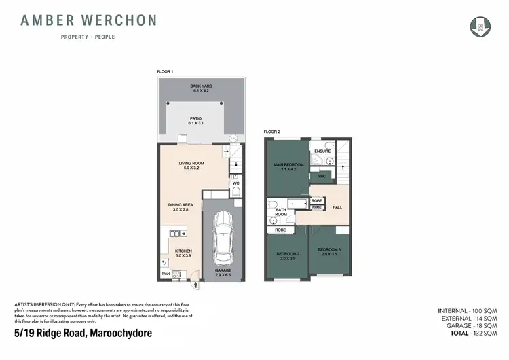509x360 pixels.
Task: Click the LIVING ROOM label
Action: point(191,166)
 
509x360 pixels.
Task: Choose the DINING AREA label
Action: point(182,206)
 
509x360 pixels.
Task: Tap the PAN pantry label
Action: point(166,274)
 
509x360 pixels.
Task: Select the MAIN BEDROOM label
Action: point(288,167)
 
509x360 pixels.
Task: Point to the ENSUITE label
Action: point(322,151)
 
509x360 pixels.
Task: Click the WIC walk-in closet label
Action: point(322,177)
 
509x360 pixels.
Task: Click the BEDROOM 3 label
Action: point(330,252)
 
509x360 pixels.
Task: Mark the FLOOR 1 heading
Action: point(166,71)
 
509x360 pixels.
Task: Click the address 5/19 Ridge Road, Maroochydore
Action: point(83,333)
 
